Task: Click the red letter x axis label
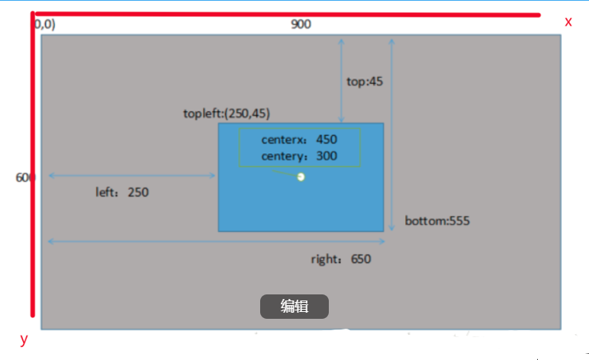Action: [x=568, y=22]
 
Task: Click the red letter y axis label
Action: [x=24, y=339]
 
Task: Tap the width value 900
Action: [x=301, y=24]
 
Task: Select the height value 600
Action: [x=24, y=177]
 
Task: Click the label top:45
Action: [x=364, y=81]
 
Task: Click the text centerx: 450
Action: [x=299, y=140]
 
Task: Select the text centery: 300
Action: [x=299, y=156]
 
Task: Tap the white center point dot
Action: [x=301, y=177]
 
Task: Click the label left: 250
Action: [x=122, y=192]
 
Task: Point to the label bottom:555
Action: [x=436, y=221]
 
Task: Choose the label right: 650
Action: [x=340, y=259]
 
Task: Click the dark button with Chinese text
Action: [x=294, y=307]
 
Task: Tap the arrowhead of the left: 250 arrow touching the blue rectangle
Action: [x=214, y=175]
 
